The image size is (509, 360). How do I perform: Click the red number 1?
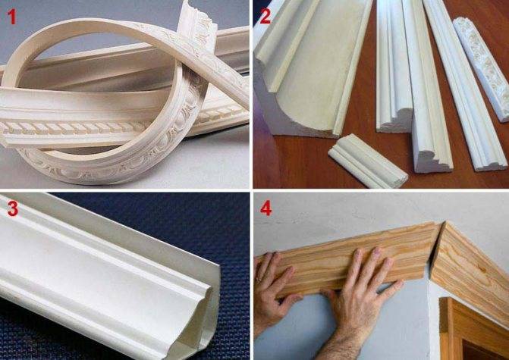tap(11, 17)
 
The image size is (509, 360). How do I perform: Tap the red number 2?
tap(265, 16)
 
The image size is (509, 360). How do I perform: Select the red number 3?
tap(12, 208)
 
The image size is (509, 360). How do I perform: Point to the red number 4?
tap(265, 208)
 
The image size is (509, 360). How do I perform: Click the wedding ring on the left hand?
tap(259, 279)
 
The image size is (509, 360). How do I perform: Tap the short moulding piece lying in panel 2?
tap(368, 161)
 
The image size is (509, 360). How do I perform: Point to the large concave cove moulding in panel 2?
tap(312, 68)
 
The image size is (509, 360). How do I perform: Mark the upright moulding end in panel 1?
tap(196, 23)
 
